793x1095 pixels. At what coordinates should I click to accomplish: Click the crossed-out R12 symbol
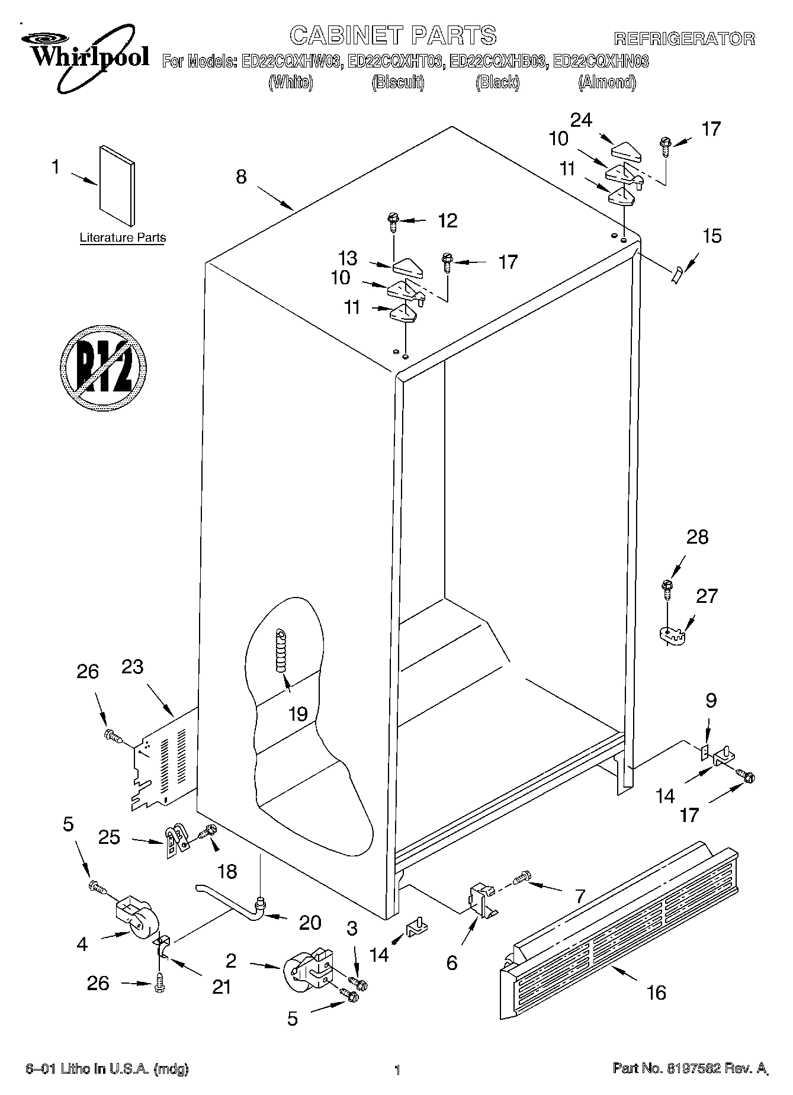tap(104, 367)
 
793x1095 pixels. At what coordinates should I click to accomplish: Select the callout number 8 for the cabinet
tap(241, 176)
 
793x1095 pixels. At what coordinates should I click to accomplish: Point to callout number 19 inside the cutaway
tap(298, 714)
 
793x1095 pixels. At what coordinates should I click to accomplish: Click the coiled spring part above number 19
tap(281, 650)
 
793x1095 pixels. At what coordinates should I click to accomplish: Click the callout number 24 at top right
tap(580, 120)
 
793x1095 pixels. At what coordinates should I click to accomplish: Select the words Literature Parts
tap(123, 237)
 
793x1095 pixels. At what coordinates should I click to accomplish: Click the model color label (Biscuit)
tap(397, 83)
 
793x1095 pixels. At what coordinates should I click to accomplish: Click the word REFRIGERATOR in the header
tap(684, 38)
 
